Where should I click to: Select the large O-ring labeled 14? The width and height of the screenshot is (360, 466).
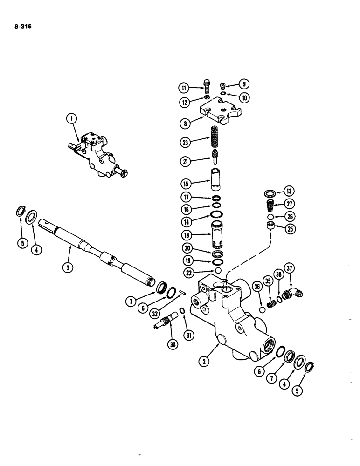tap(216, 214)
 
